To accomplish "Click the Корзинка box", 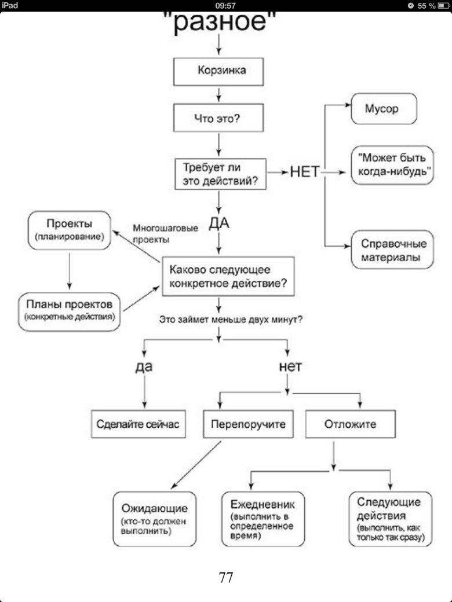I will [219, 71].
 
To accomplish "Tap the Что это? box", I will [219, 119].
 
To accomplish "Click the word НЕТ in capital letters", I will [305, 172].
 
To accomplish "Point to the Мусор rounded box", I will [384, 108].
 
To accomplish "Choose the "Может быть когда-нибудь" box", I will [392, 165].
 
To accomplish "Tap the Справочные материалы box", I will [392, 250].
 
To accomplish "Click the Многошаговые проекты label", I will [165, 233].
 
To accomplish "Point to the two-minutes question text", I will [231, 319].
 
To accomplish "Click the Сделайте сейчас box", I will [138, 424].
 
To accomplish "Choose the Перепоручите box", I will [248, 424].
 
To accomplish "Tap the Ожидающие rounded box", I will [154, 519].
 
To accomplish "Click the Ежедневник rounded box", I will [263, 519].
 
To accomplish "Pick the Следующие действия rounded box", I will [390, 519].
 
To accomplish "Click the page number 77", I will [226, 577].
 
